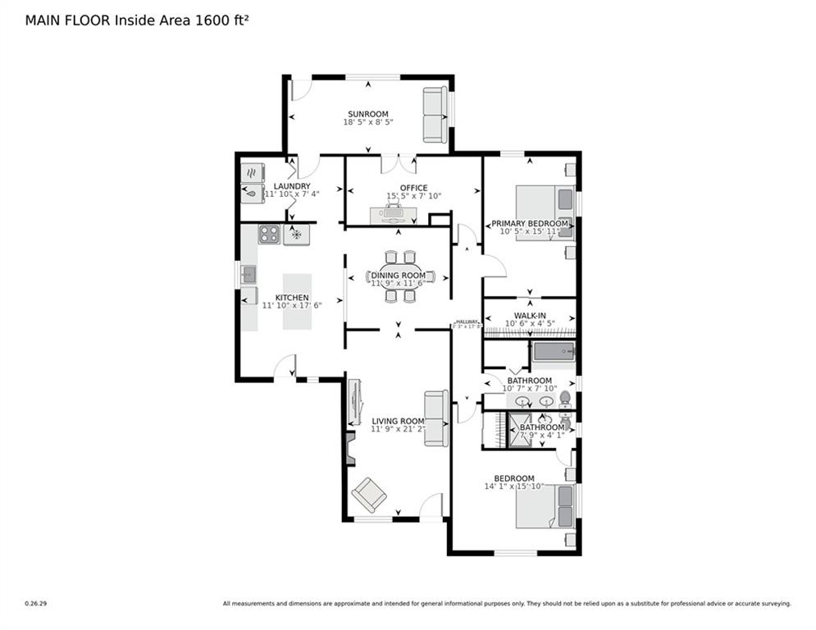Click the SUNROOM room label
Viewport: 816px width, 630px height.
[x=367, y=114]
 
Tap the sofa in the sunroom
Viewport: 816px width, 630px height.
[x=435, y=114]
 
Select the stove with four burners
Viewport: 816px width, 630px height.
[x=269, y=235]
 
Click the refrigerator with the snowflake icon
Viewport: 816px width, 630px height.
[x=296, y=235]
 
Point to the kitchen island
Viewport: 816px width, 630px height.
[x=297, y=301]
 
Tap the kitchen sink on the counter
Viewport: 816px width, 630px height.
[x=248, y=275]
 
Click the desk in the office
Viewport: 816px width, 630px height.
[x=393, y=215]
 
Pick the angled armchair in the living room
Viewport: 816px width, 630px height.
[x=368, y=495]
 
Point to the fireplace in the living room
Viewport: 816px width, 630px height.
[x=350, y=450]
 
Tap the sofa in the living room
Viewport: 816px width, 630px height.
[x=435, y=418]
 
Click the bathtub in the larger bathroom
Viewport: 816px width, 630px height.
[x=554, y=353]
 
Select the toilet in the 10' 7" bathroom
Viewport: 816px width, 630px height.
[x=564, y=399]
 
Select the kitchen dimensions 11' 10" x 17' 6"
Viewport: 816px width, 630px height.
[x=292, y=305]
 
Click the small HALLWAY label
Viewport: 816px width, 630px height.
[x=467, y=322]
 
